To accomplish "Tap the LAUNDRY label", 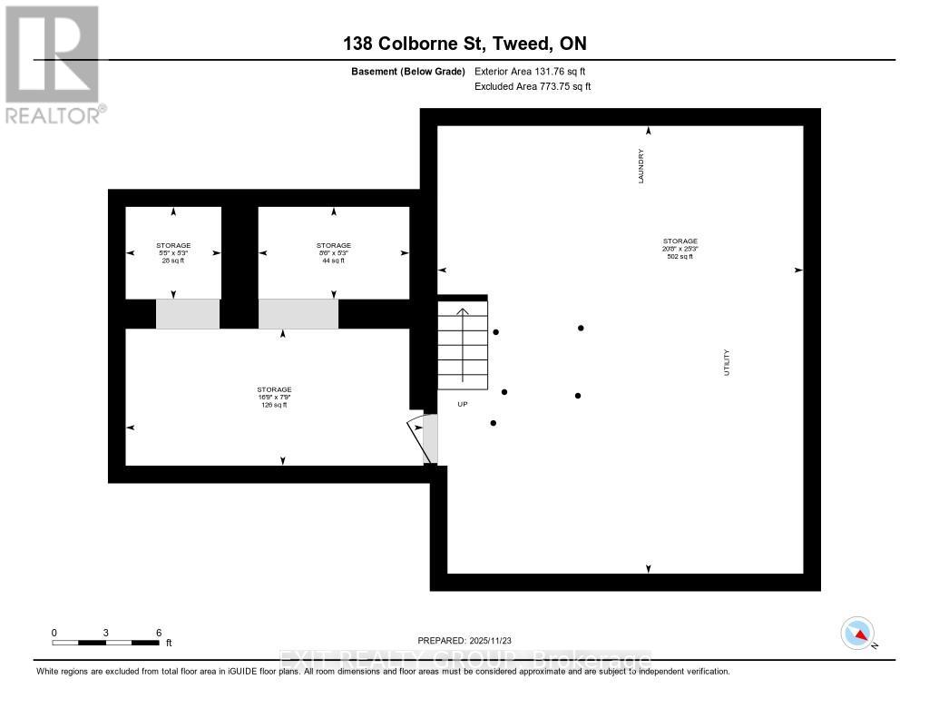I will coord(641,166).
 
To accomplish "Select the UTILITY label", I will coord(727,362).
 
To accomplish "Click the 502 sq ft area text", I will coord(680,256).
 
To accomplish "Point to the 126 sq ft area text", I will coord(273,405).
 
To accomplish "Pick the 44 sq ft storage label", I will coord(333,261).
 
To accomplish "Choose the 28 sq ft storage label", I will coord(172,261).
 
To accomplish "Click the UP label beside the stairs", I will coord(462,404).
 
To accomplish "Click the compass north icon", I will coord(857,633).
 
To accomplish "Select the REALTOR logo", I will coord(54,64).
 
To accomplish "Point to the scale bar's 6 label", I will coord(159,633).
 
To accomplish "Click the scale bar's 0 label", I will coord(54,633).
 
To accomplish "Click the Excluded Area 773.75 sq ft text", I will coord(533,86).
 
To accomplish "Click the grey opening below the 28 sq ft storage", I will coord(188,313).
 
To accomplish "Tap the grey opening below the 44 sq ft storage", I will coord(298,313).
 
